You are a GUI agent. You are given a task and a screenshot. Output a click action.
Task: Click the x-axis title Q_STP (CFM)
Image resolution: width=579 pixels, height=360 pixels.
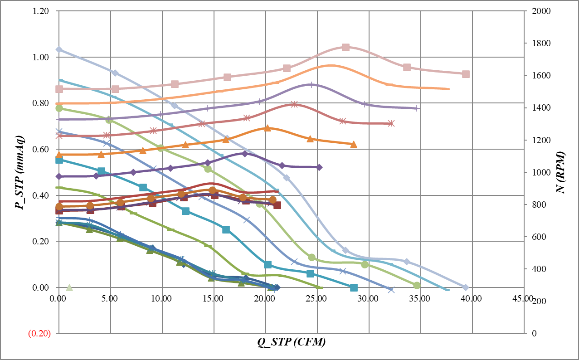(x=292, y=343)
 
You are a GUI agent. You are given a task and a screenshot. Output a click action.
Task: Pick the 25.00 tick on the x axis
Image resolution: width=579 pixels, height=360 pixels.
(x=317, y=299)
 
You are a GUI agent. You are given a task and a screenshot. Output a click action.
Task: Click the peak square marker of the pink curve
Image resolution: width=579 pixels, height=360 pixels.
(x=345, y=47)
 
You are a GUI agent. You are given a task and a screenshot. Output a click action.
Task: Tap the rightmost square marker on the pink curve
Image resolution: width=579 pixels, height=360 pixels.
(x=466, y=74)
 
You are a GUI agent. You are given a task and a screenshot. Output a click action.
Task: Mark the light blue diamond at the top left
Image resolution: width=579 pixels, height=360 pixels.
(x=58, y=49)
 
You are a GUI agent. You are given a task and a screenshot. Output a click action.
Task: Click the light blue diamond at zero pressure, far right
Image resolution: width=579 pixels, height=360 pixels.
(x=465, y=287)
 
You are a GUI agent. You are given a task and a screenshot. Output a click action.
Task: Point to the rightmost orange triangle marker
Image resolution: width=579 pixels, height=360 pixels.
(x=354, y=144)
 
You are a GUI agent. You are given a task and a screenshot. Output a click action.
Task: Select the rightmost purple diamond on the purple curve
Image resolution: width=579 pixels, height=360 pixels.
(x=319, y=167)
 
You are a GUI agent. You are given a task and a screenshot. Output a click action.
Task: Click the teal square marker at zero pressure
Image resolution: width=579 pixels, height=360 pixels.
(x=354, y=288)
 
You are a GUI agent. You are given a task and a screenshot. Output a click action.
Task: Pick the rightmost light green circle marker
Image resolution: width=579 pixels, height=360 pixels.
(x=417, y=285)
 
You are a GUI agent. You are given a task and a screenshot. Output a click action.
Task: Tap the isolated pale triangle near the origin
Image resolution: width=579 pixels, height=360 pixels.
(x=69, y=287)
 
